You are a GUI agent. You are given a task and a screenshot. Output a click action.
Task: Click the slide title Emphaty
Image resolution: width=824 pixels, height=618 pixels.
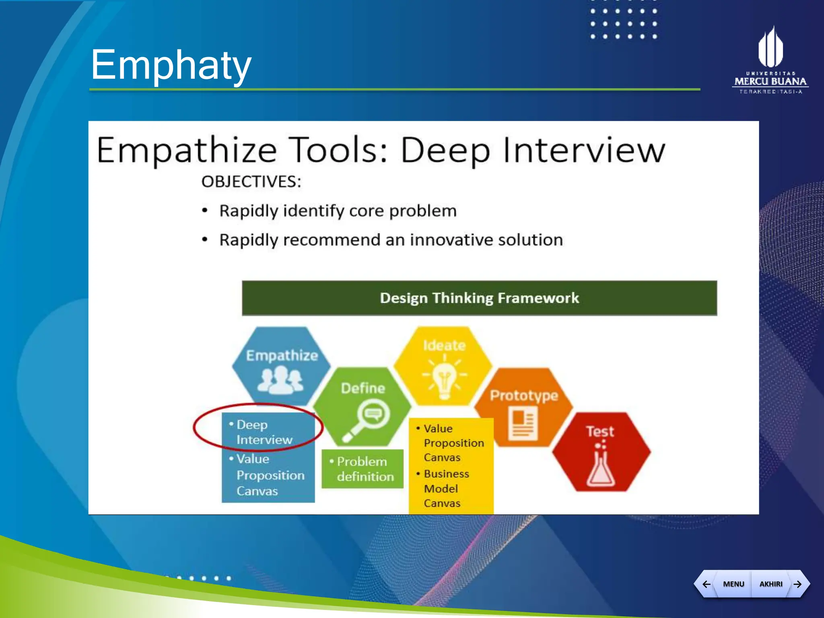(171, 64)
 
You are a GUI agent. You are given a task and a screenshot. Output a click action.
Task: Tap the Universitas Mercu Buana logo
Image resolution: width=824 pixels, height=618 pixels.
(770, 60)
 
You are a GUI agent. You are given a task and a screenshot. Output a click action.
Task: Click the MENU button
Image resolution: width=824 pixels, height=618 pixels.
(733, 584)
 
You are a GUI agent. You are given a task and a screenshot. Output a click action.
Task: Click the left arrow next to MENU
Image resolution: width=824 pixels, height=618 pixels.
(706, 584)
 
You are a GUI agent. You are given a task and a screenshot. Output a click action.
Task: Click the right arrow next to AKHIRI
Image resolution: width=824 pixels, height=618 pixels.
(797, 584)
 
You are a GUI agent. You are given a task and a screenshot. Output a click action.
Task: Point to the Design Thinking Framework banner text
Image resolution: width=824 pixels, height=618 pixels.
(479, 298)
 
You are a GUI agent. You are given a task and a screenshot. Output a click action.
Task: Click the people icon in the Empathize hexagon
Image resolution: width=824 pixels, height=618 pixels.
(280, 381)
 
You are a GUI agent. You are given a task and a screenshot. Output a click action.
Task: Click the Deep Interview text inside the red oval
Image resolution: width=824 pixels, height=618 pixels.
(264, 432)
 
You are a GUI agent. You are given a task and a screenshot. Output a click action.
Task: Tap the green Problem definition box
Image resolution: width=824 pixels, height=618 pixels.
(363, 469)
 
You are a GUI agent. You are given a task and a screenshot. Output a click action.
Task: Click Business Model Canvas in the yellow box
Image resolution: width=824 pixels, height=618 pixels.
(446, 488)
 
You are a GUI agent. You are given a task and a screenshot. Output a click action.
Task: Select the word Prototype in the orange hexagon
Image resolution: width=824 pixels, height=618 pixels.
(523, 396)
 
